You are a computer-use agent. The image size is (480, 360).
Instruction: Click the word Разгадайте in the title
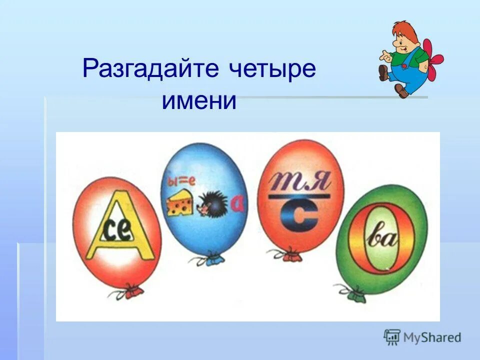(150, 68)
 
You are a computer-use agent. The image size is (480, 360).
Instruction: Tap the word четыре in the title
(272, 68)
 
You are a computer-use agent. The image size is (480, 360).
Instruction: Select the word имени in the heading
(198, 100)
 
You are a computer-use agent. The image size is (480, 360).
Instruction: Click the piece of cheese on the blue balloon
(180, 202)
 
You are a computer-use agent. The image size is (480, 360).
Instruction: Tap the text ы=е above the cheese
(178, 180)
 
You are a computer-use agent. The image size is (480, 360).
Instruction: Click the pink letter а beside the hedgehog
(237, 202)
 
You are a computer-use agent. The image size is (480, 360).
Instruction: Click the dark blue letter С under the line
(299, 215)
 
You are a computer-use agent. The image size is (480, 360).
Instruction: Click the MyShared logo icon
(392, 337)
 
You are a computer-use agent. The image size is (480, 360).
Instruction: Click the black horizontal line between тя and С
(299, 196)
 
